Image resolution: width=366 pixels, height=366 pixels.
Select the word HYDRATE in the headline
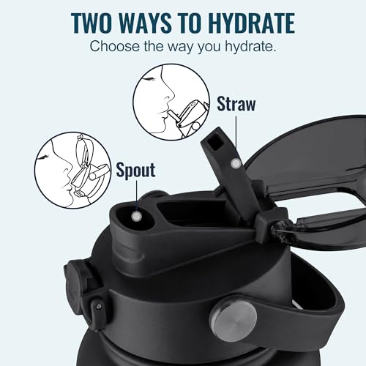[251, 23]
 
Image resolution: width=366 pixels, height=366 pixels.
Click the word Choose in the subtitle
[114, 46]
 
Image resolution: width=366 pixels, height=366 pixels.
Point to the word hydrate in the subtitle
[250, 46]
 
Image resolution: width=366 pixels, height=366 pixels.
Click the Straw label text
[236, 104]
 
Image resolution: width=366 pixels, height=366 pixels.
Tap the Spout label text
[135, 170]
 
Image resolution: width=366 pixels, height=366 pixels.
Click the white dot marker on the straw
[236, 163]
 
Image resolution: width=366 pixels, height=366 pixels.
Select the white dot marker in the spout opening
[137, 217]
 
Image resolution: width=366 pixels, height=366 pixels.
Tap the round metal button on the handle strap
[233, 319]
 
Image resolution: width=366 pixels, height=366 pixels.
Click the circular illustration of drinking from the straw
[171, 102]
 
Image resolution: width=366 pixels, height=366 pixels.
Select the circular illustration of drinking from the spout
[72, 171]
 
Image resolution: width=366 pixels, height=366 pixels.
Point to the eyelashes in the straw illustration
[149, 79]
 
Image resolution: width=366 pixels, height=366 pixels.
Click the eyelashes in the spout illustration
[44, 157]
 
